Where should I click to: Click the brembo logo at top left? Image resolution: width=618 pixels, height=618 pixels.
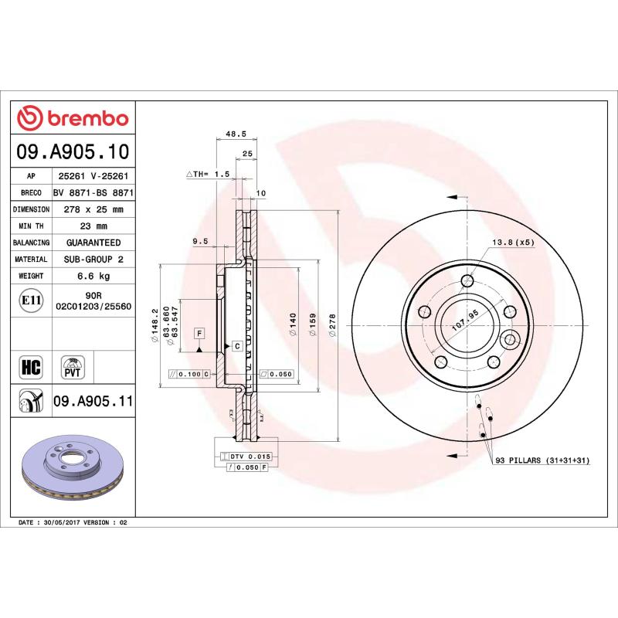[x=73, y=117]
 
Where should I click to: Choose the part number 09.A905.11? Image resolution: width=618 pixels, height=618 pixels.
[x=93, y=401]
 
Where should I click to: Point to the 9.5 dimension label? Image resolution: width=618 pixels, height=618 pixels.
[x=200, y=241]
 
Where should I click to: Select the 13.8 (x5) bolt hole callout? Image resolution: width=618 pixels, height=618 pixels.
[x=513, y=242]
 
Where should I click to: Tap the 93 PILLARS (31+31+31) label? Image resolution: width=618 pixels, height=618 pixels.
[x=541, y=460]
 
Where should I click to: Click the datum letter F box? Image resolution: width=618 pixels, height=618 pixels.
[x=199, y=333]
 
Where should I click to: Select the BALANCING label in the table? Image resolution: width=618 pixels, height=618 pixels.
[x=32, y=243]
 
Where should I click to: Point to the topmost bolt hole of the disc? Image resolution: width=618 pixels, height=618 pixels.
[x=467, y=280]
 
